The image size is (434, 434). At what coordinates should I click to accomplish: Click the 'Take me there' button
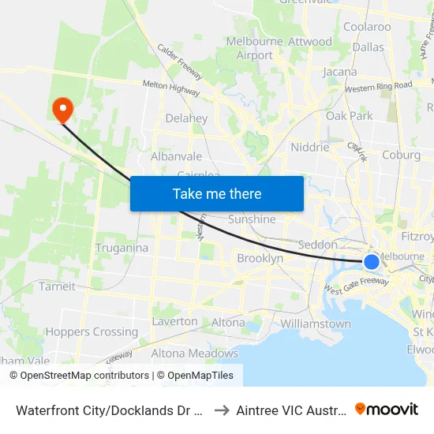click(217, 193)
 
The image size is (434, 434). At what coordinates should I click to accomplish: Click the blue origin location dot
click(372, 262)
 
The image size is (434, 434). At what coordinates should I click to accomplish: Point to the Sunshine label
click(252, 219)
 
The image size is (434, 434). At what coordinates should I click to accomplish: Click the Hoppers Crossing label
click(92, 331)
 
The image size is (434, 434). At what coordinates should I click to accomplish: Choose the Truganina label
click(122, 248)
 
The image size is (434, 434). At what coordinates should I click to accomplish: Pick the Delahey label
click(186, 118)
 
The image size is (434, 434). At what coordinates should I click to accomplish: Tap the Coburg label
click(401, 155)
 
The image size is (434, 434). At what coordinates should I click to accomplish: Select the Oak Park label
click(349, 116)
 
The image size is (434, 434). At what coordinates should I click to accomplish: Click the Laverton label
click(175, 321)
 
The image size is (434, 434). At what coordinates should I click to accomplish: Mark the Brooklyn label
click(260, 258)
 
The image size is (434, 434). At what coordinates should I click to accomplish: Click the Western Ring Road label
click(378, 85)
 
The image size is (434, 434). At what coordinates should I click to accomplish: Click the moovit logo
click(387, 409)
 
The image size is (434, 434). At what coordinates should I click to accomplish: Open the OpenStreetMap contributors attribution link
click(84, 376)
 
